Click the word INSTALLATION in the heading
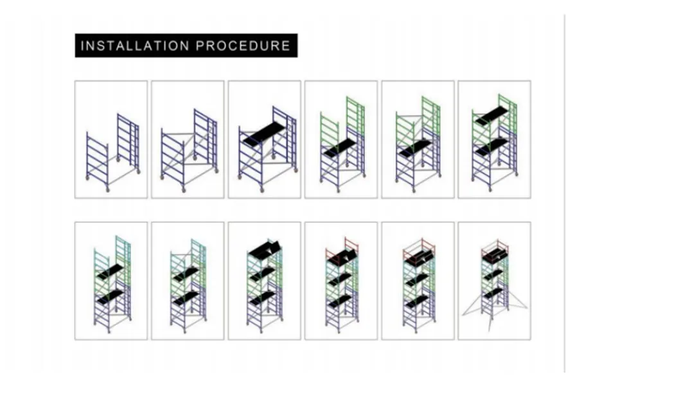coord(135,46)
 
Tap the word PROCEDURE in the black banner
coord(243,46)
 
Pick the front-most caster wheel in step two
coord(184,190)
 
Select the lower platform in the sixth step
coord(491,148)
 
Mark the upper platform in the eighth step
coord(186,274)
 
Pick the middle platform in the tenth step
coord(340,278)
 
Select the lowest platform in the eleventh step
coord(418,300)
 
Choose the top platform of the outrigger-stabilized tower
coord(494,256)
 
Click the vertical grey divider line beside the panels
coord(565,193)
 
